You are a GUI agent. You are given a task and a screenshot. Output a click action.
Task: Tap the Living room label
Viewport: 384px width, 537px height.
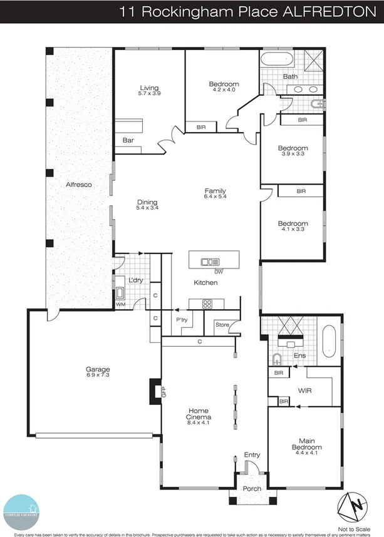pyautogui.click(x=149, y=90)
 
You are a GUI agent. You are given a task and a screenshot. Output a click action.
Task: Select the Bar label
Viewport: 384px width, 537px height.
pyautogui.click(x=128, y=140)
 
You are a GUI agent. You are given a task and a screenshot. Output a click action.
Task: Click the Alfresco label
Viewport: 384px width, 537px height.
pyautogui.click(x=80, y=185)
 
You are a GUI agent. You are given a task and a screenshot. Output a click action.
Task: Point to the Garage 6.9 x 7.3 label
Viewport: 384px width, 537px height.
pyautogui.click(x=98, y=372)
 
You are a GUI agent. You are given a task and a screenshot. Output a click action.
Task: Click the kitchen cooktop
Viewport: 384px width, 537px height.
pyautogui.click(x=208, y=304)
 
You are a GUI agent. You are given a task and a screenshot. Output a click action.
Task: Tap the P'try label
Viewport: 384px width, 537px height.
pyautogui.click(x=182, y=320)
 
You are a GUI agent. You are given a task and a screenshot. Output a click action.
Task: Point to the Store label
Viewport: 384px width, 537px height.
pyautogui.click(x=222, y=324)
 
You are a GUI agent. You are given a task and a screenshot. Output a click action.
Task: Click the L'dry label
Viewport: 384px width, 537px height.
pyautogui.click(x=136, y=280)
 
